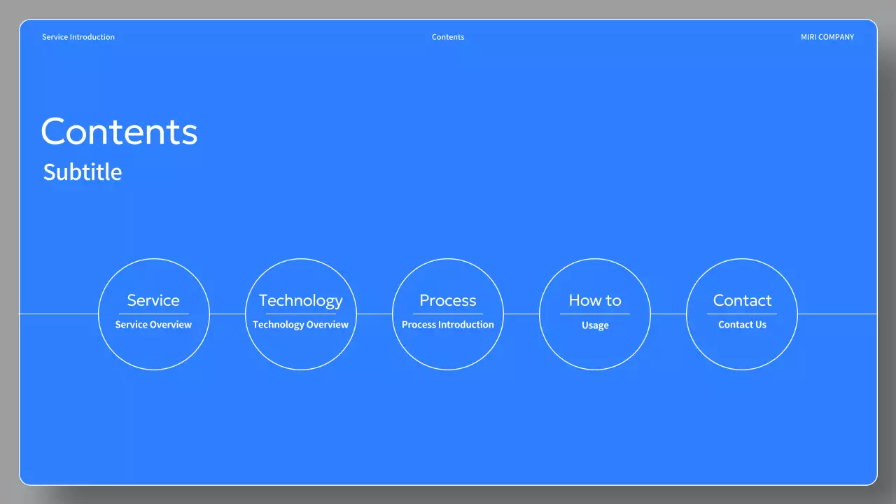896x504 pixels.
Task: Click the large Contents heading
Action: [x=120, y=132]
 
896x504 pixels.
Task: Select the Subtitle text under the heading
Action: [x=83, y=172]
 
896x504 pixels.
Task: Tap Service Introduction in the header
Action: [x=78, y=37]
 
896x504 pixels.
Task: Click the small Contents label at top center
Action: [x=448, y=37]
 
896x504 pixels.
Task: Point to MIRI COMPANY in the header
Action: [x=827, y=37]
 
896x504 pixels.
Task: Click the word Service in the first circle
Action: [x=153, y=300]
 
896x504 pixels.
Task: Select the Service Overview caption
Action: [x=153, y=325]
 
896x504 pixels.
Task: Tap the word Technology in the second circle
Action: [x=301, y=300]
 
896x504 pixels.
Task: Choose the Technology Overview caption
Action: [x=301, y=325]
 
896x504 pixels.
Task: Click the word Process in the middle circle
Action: [x=448, y=300]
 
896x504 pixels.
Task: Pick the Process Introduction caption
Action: [x=448, y=325]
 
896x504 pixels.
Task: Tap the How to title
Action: [x=595, y=300]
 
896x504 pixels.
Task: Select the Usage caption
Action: [x=595, y=325]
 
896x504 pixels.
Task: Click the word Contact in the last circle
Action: [x=742, y=300]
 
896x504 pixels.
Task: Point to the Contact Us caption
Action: [x=742, y=325]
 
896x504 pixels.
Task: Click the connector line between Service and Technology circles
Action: [x=227, y=314]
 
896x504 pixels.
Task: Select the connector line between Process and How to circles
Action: [x=521, y=314]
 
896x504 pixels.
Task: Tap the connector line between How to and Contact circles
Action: [x=668, y=314]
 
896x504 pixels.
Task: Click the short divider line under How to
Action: [x=595, y=314]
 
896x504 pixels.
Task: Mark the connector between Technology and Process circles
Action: [x=374, y=314]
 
